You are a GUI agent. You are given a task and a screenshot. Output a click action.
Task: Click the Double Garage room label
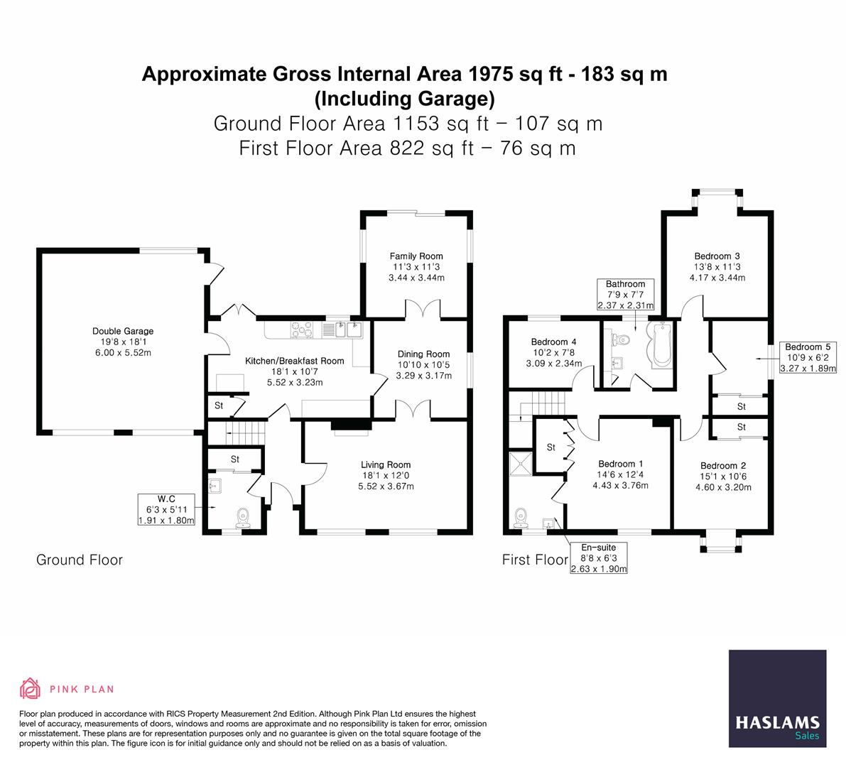(123, 331)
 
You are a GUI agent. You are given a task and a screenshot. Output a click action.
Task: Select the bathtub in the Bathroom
(660, 344)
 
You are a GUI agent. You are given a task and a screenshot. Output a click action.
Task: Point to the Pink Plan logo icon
(31, 688)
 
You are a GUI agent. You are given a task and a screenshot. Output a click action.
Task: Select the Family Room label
(416, 256)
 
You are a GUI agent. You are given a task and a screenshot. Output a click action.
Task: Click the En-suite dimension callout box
(599, 558)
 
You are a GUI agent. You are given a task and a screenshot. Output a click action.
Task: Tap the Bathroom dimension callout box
(625, 295)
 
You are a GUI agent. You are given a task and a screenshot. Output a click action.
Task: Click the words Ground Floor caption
(80, 560)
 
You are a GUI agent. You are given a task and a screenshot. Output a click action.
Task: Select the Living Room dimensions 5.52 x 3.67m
(387, 486)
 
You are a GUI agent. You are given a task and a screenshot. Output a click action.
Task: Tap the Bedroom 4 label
(550, 342)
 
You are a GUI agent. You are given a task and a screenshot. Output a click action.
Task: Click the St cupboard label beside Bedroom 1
(551, 447)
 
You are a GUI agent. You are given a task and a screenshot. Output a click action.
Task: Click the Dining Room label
(423, 354)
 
